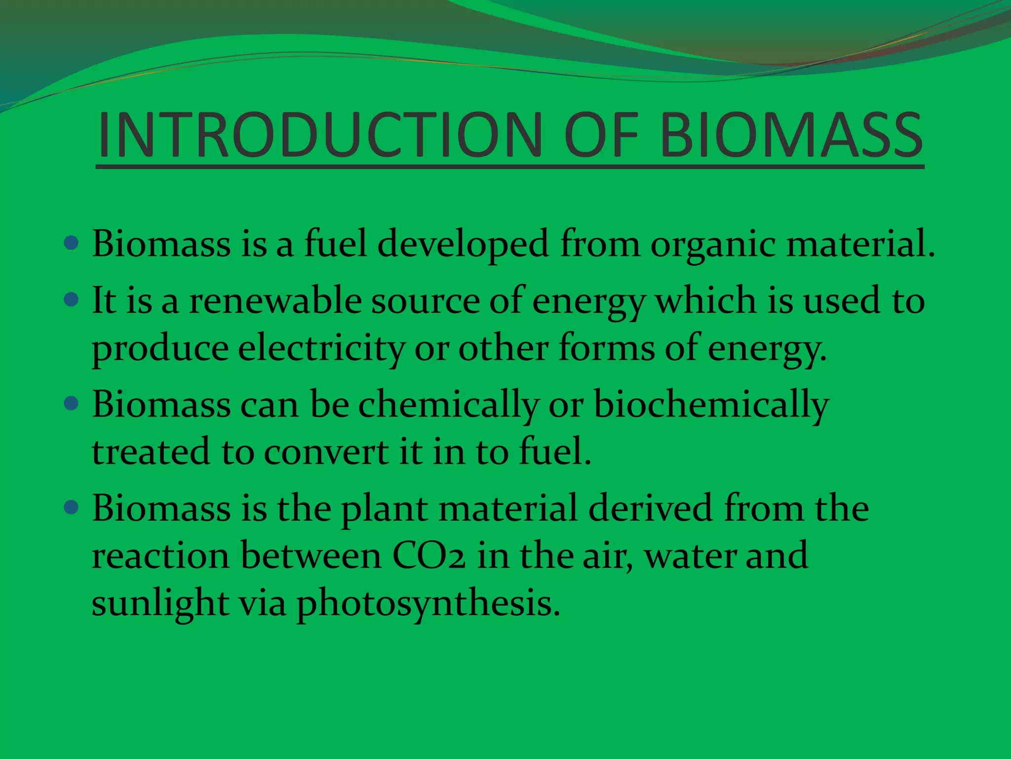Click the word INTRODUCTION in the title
pyautogui.click(x=320, y=135)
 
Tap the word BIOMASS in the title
pyautogui.click(x=791, y=135)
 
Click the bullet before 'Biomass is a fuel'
pyautogui.click(x=72, y=243)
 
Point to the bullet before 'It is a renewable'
pyautogui.click(x=72, y=299)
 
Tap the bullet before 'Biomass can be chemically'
pyautogui.click(x=72, y=404)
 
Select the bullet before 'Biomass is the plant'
pyautogui.click(x=72, y=507)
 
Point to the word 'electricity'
pyautogui.click(x=321, y=349)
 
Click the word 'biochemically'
pyautogui.click(x=711, y=405)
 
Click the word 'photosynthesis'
pyautogui.click(x=428, y=604)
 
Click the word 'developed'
pyautogui.click(x=463, y=245)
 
